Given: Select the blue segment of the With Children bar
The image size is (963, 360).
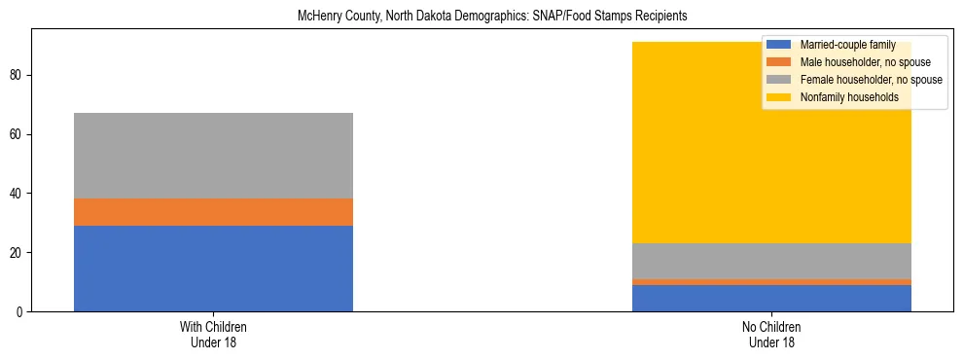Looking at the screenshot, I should click(x=213, y=269).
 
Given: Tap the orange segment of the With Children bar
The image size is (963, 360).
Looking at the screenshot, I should click(x=213, y=212).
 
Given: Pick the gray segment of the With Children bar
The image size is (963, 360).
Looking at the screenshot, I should click(x=213, y=156).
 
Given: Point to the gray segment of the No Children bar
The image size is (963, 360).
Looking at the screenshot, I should click(x=771, y=261).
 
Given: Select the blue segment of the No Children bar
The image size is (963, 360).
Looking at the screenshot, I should click(x=771, y=298).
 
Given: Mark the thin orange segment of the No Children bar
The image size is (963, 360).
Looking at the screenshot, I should click(x=771, y=282).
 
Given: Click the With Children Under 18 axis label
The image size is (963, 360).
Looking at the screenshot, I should click(x=213, y=334).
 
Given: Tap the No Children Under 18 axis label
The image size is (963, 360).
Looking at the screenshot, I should click(x=771, y=334).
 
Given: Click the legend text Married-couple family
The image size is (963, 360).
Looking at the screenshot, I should click(x=847, y=45).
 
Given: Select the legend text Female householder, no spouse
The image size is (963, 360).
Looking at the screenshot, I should click(x=871, y=80).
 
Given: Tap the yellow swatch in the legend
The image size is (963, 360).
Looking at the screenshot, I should click(x=779, y=97).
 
